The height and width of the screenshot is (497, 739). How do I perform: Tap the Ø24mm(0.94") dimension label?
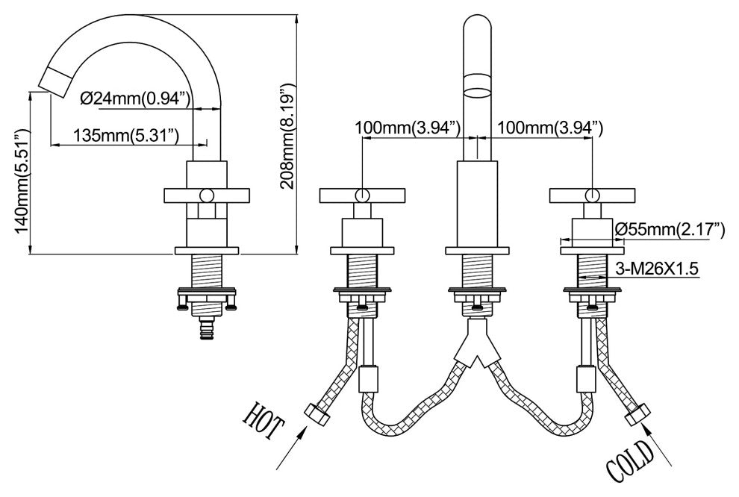coord(136,98)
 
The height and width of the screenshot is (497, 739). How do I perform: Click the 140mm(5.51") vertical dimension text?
coord(22,182)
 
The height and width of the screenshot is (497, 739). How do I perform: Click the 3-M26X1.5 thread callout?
coord(658,269)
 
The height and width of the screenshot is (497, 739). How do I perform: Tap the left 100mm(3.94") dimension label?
coord(408,128)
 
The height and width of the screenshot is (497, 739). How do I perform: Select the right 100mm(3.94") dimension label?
coord(550,128)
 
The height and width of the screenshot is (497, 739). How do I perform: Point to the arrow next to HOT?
coord(288,452)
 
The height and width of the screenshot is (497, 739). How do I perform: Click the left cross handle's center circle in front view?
coord(362,196)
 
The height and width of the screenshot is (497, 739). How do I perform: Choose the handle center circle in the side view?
coord(206,196)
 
